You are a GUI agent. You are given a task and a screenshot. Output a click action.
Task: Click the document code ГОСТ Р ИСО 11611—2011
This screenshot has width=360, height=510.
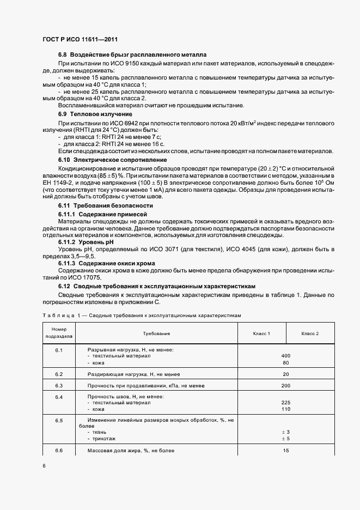[x=79, y=40]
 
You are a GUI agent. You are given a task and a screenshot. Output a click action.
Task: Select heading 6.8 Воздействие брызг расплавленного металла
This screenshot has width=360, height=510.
[x=132, y=55]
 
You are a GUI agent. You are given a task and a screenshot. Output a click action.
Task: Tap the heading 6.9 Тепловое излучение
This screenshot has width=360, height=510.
[x=95, y=114]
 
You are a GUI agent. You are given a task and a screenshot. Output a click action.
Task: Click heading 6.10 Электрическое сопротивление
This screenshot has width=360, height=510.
[x=112, y=160]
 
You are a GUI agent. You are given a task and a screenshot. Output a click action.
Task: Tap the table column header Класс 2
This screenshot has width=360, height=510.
[x=310, y=333]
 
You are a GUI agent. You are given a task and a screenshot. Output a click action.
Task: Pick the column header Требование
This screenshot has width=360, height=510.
[x=156, y=333]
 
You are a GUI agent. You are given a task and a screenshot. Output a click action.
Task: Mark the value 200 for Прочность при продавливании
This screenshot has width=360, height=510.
[x=285, y=385]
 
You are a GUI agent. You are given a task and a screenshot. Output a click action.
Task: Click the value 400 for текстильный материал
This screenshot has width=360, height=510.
[x=285, y=356]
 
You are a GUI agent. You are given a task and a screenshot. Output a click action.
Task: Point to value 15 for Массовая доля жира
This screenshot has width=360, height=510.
[x=285, y=451]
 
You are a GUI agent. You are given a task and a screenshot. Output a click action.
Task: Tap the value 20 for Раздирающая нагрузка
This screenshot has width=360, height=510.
[x=285, y=374]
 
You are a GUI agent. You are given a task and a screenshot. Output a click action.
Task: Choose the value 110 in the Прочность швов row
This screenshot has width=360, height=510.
[x=285, y=409]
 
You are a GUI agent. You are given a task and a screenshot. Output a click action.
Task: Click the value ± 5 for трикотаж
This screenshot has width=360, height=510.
[x=285, y=438]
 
